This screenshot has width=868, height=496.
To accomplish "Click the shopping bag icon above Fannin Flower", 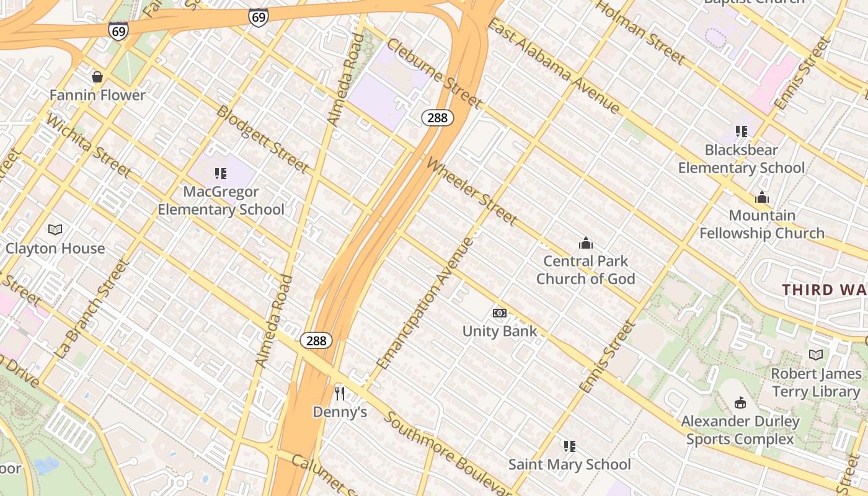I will pyautogui.click(x=97, y=77).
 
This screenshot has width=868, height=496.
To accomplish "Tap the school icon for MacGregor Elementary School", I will pyautogui.click(x=220, y=174).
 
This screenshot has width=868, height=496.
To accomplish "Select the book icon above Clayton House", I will pyautogui.click(x=55, y=230).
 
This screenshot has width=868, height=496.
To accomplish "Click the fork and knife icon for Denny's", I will pyautogui.click(x=339, y=393).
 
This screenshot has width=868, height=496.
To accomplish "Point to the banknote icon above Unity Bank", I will pyautogui.click(x=500, y=313).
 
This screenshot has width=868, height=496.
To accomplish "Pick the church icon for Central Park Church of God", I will pyautogui.click(x=585, y=242).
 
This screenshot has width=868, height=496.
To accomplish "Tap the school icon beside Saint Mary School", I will pyautogui.click(x=570, y=446).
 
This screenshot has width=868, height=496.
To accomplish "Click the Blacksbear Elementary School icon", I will pyautogui.click(x=741, y=131).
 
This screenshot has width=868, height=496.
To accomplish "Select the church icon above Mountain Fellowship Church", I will pyautogui.click(x=762, y=198).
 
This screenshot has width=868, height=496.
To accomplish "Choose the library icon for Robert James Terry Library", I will pyautogui.click(x=816, y=355).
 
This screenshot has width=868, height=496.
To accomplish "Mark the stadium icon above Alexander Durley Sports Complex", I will pyautogui.click(x=740, y=403).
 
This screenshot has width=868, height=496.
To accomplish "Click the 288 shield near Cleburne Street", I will pyautogui.click(x=438, y=118).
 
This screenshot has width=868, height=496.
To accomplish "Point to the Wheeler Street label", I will pyautogui.click(x=472, y=192).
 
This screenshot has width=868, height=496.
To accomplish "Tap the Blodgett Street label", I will pyautogui.click(x=262, y=139).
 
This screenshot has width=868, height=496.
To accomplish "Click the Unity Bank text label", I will pyautogui.click(x=500, y=331).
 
